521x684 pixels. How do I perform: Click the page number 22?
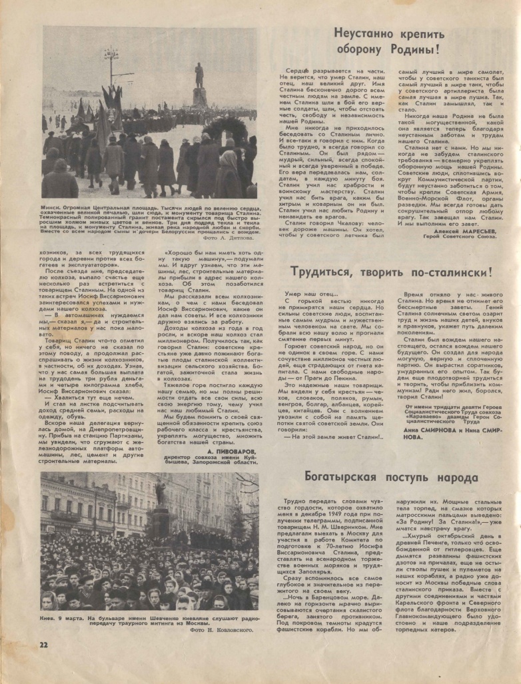click(43, 644)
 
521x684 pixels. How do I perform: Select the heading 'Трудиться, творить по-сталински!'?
click(391, 272)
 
